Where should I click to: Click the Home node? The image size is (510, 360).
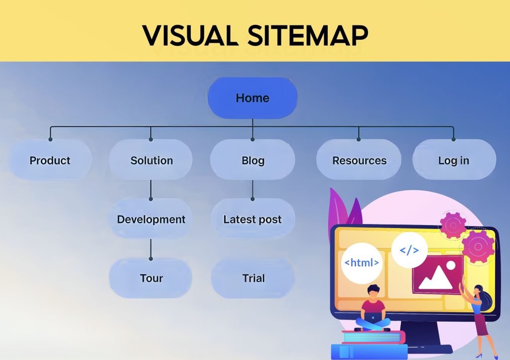pyautogui.click(x=253, y=98)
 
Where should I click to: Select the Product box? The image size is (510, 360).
pyautogui.click(x=50, y=160)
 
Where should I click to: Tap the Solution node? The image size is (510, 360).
pyautogui.click(x=151, y=160)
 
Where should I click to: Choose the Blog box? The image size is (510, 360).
pyautogui.click(x=253, y=160)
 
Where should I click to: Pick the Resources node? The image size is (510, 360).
pyautogui.click(x=359, y=160)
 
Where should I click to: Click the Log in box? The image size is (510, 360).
pyautogui.click(x=454, y=160)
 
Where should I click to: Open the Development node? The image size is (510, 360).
pyautogui.click(x=151, y=219)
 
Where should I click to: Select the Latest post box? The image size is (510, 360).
pyautogui.click(x=253, y=219)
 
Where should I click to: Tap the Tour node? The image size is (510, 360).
pyautogui.click(x=151, y=278)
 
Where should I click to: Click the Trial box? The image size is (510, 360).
pyautogui.click(x=253, y=278)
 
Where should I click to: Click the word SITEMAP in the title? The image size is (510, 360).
pyautogui.click(x=308, y=35)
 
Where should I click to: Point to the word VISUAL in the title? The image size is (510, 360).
pyautogui.click(x=190, y=35)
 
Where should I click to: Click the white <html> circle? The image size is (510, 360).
pyautogui.click(x=362, y=263)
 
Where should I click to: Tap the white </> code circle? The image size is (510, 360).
pyautogui.click(x=409, y=250)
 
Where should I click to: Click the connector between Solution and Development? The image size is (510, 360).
pyautogui.click(x=150, y=190)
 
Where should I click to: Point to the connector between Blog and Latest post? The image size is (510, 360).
pyautogui.click(x=253, y=190)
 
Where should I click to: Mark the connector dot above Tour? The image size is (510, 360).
pyautogui.click(x=150, y=259)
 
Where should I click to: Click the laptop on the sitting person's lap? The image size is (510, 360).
pyautogui.click(x=373, y=318)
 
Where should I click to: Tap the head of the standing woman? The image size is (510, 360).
pyautogui.click(x=478, y=290)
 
